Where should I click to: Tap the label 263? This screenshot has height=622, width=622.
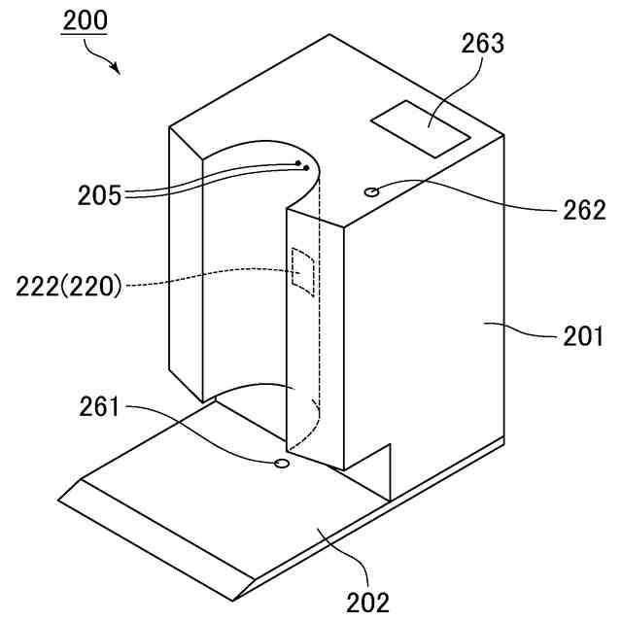(x=482, y=45)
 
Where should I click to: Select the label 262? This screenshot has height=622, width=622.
(x=582, y=210)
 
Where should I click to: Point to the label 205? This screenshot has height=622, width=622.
(x=100, y=195)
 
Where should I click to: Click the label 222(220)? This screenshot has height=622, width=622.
(x=69, y=287)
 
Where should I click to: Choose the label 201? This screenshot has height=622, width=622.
(x=583, y=337)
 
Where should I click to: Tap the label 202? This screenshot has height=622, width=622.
(x=368, y=602)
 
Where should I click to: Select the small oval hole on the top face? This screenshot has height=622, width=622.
(x=371, y=191)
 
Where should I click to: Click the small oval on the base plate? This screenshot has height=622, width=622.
(x=283, y=464)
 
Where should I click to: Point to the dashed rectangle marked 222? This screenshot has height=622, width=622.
(x=303, y=271)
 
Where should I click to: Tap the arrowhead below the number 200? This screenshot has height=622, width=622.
(x=116, y=70)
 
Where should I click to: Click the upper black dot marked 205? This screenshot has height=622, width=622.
(x=298, y=163)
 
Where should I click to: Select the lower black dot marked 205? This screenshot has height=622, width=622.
(x=307, y=168)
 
